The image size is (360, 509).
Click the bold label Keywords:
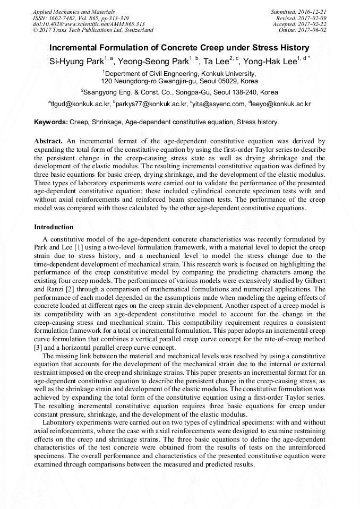tap(51, 122)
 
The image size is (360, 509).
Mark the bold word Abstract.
tap(48, 142)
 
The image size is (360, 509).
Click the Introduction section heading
tap(54, 227)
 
